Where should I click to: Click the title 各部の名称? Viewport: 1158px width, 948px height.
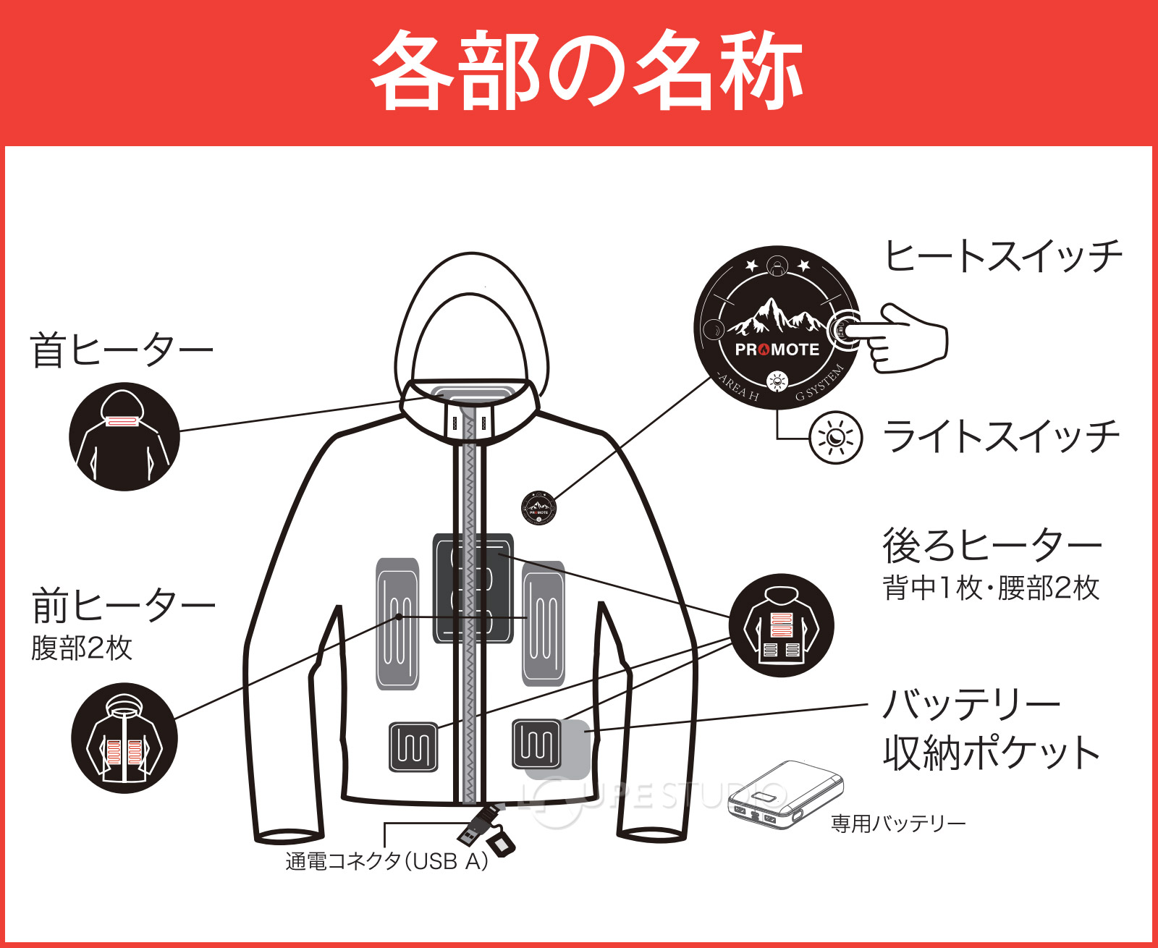pos(586,70)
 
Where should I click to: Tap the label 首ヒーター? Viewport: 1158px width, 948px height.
pos(122,350)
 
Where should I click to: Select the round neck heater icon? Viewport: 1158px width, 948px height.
pos(124,437)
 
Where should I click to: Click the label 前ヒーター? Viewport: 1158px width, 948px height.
pos(124,606)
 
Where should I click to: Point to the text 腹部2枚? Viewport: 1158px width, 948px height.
pos(82,648)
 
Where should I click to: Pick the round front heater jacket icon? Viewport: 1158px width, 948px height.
pos(124,738)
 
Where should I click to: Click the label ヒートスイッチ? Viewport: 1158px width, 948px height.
pos(1003,256)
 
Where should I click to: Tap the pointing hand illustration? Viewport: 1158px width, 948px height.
pos(905,339)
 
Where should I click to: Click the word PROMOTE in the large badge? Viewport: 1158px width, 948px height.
pos(777,350)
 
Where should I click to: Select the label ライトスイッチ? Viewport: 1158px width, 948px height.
pos(1002,436)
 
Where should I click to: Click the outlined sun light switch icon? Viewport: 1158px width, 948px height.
pos(836,438)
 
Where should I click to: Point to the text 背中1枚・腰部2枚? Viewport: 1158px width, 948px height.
pos(990,588)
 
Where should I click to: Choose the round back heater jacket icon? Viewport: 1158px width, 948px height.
pos(782,625)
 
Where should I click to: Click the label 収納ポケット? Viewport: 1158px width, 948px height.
pos(992,753)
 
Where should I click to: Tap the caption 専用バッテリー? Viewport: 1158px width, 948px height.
pos(897,824)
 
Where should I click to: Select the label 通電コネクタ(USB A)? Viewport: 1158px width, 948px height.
pos(386,861)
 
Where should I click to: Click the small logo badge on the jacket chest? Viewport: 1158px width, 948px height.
pos(539,508)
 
